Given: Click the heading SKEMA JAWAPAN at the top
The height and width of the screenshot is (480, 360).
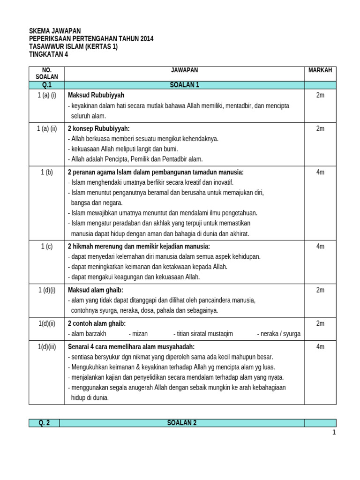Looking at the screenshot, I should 55,31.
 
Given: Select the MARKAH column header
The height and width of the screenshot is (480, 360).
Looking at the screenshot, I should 320,70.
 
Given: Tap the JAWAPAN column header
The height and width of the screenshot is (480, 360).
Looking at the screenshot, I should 184,70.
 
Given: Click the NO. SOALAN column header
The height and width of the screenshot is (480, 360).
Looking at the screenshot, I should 47,73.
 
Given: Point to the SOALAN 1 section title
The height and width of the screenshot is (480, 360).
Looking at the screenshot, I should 184,85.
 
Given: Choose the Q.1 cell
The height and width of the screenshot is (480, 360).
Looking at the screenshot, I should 47,85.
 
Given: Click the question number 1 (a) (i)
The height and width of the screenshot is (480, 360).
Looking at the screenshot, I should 47,95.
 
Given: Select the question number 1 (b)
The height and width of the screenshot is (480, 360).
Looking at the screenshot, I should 47,172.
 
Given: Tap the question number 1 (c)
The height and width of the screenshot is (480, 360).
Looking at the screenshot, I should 47,246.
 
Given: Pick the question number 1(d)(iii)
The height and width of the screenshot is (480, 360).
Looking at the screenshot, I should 47,346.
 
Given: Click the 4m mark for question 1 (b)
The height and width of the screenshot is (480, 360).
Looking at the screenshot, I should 320,172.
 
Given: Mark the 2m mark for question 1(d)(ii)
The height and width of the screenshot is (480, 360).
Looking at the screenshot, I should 320,323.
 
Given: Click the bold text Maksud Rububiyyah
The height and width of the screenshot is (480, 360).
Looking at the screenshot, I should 96,95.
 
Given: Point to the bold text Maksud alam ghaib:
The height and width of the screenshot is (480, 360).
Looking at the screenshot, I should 96,290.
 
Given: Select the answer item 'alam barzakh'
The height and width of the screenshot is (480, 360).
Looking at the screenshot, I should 87,334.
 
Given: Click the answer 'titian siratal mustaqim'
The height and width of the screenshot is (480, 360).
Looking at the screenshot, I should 203,334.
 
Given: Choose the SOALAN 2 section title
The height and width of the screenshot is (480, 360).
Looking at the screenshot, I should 182,423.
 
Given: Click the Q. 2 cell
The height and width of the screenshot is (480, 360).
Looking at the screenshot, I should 44,423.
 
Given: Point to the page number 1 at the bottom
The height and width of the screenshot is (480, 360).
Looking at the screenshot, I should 334,433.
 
